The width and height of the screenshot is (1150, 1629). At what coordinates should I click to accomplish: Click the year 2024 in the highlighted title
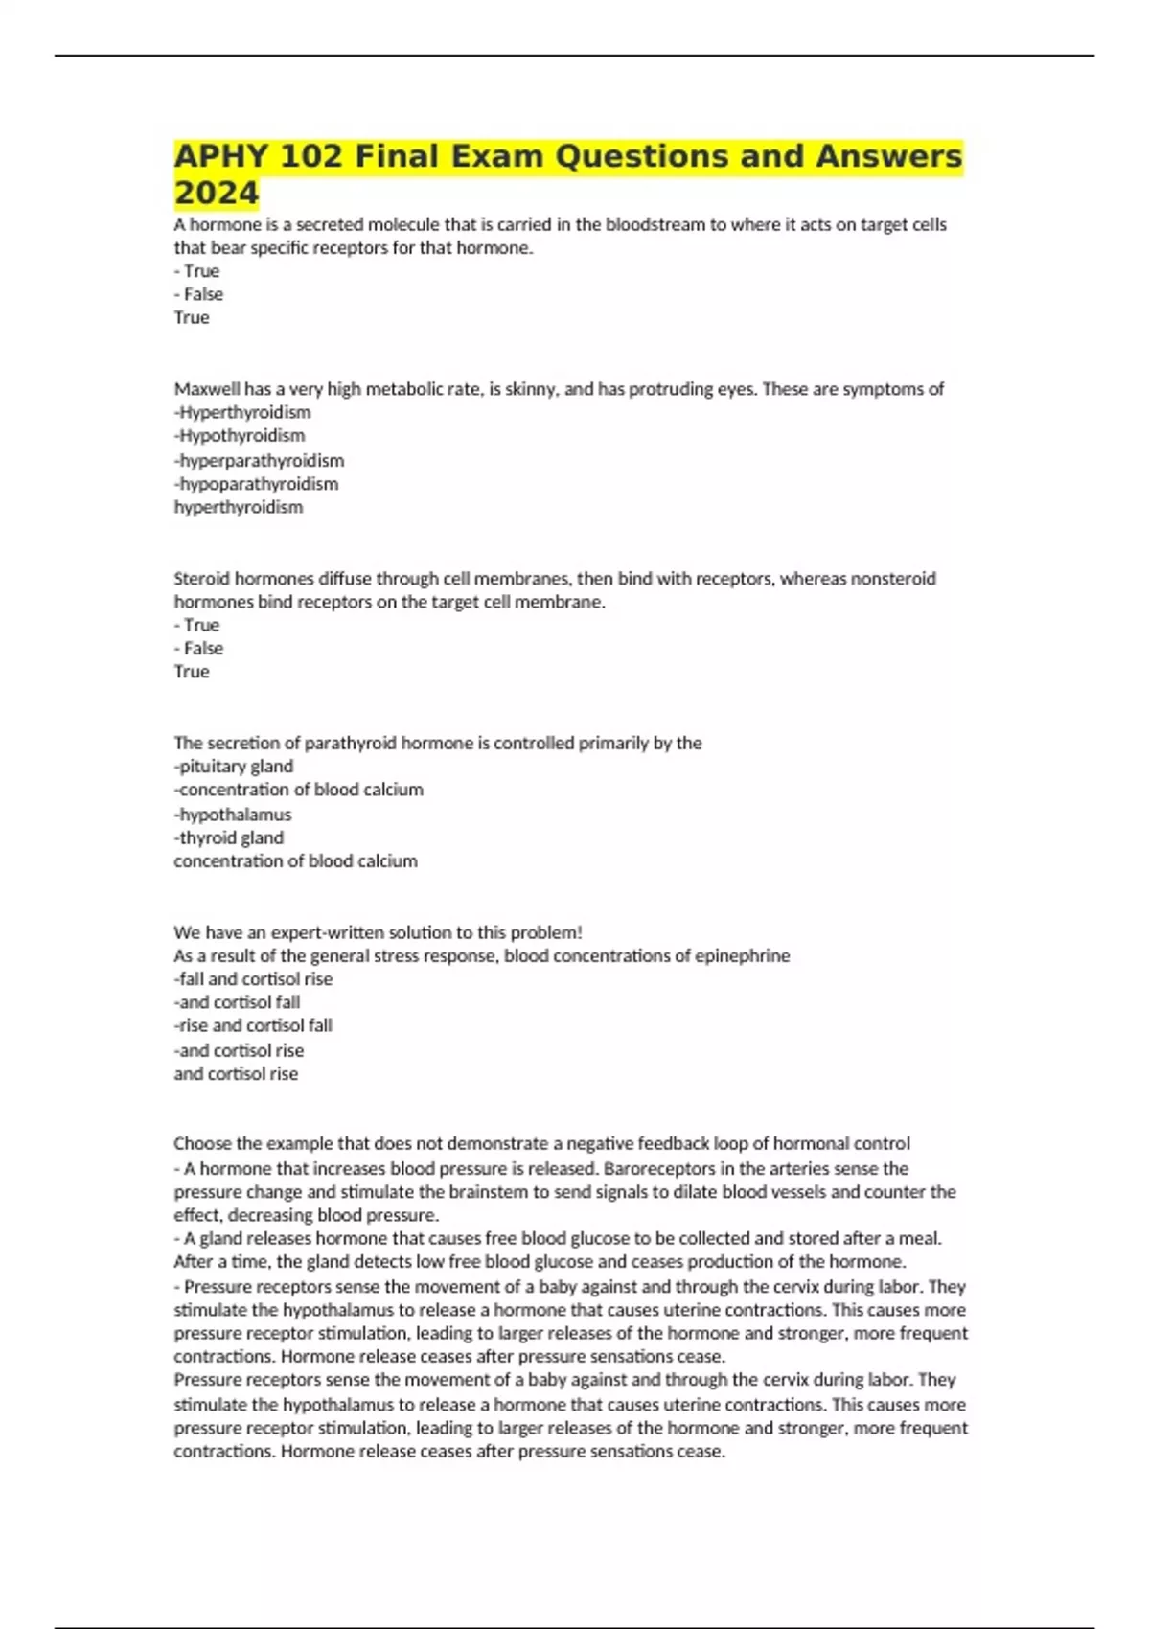217,193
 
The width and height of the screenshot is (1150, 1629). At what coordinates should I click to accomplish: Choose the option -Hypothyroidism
240,435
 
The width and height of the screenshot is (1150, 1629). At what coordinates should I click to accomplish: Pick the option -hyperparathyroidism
259,461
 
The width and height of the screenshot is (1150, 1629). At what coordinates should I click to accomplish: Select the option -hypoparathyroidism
256,484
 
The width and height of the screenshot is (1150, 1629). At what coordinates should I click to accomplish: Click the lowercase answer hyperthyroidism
238,507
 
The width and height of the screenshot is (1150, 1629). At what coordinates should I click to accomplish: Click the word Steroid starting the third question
201,579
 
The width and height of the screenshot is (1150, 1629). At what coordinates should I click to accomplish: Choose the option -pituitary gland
234,767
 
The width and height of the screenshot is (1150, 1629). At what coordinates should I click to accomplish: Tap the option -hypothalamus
233,814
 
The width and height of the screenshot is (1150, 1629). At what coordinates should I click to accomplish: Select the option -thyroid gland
229,837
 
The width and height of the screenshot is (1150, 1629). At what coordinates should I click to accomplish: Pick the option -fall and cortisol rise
253,979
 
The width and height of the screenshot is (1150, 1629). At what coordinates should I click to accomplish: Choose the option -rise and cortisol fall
253,1025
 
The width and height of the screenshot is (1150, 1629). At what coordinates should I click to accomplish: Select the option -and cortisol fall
238,1002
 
